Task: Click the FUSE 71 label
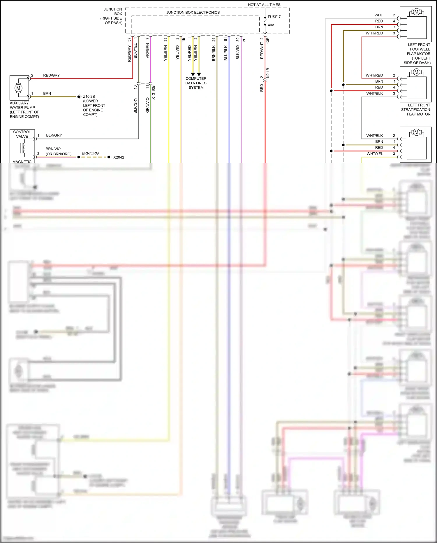pyautogui.click(x=275, y=17)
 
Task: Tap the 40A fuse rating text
pyautogui.click(x=271, y=25)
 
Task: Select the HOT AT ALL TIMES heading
pyautogui.click(x=264, y=5)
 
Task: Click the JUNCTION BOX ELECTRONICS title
pyautogui.click(x=193, y=13)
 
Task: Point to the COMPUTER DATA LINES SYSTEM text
pyautogui.click(x=196, y=83)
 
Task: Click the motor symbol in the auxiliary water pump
pyautogui.click(x=18, y=88)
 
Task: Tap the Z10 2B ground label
pyautogui.click(x=89, y=97)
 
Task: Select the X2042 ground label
pyautogui.click(x=119, y=157)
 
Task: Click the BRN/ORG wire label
pyautogui.click(x=90, y=153)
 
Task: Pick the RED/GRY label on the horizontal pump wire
pyautogui.click(x=51, y=75)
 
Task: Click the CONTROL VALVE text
pyautogui.click(x=22, y=134)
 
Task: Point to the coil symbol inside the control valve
pyautogui.click(x=23, y=147)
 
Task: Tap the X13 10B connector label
pyautogui.click(x=154, y=92)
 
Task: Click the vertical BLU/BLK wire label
pyautogui.click(x=226, y=53)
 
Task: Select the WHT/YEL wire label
pyautogui.click(x=375, y=154)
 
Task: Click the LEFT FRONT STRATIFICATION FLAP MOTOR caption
pyautogui.click(x=416, y=110)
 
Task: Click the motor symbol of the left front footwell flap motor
pyautogui.click(x=416, y=12)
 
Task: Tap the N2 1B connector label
pyautogui.click(x=268, y=73)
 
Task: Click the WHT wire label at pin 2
pyautogui.click(x=378, y=15)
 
